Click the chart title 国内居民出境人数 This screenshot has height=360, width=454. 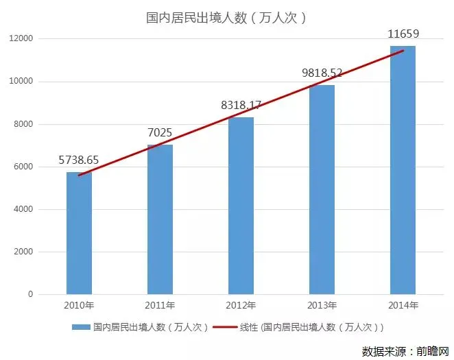[x=226, y=17]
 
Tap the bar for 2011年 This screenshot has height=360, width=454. [x=160, y=219]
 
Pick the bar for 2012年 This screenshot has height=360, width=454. [x=241, y=206]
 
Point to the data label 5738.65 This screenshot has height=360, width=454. [x=79, y=160]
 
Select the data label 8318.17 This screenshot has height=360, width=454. [x=241, y=105]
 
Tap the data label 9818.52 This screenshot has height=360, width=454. [x=322, y=72]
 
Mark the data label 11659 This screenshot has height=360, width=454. [x=403, y=33]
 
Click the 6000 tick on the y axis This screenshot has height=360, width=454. [x=23, y=167]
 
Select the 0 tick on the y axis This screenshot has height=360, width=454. [x=30, y=294]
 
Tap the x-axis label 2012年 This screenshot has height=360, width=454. [x=241, y=305]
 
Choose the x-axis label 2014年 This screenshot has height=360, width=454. [x=403, y=305]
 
